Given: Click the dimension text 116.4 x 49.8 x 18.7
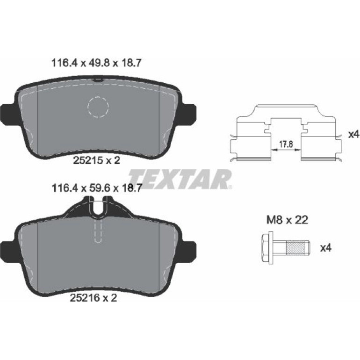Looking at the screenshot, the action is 96,63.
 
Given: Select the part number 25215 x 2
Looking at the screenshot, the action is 97,160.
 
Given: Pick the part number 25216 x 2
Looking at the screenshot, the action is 94,298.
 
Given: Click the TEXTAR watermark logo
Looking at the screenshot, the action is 180,179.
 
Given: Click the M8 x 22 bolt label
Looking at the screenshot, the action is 287,220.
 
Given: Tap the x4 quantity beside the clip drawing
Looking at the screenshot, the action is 353,135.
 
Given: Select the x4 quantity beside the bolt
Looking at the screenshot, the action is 326,248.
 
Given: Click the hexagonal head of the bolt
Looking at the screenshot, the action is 267,248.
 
